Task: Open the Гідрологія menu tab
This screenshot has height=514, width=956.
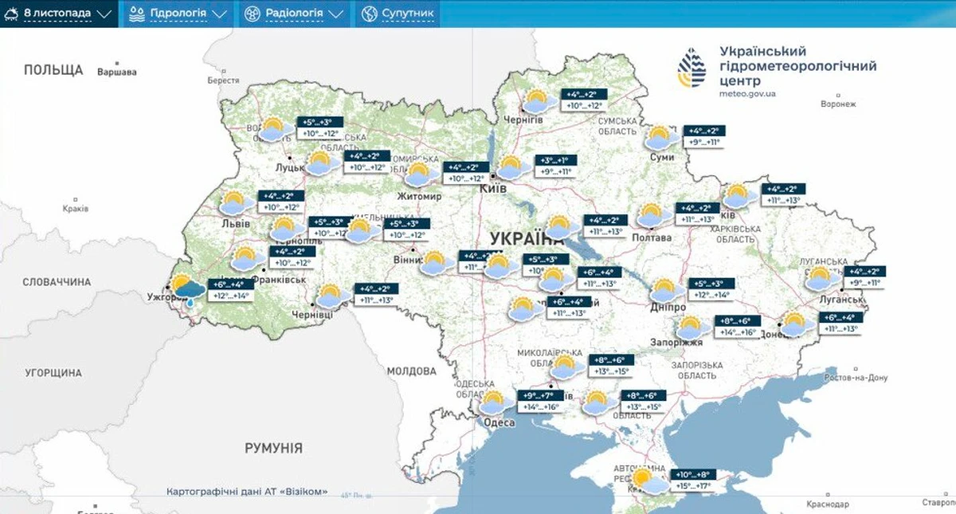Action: point(177,14)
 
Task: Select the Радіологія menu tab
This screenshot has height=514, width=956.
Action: point(294,14)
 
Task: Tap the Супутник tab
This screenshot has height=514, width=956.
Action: point(398,14)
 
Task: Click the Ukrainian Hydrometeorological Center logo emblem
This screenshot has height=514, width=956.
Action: point(691,67)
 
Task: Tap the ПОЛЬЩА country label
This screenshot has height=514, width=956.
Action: point(53,69)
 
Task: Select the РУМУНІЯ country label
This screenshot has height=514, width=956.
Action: point(273,448)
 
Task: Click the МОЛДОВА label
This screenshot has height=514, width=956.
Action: point(412,371)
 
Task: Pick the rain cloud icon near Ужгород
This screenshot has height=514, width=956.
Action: point(188,292)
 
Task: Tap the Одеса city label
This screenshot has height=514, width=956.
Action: point(500,422)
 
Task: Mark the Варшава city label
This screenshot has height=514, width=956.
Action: point(116,73)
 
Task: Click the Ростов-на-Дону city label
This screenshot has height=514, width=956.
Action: point(856,378)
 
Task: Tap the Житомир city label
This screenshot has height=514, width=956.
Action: point(419,195)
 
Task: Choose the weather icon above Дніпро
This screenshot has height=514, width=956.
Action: point(665,291)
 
